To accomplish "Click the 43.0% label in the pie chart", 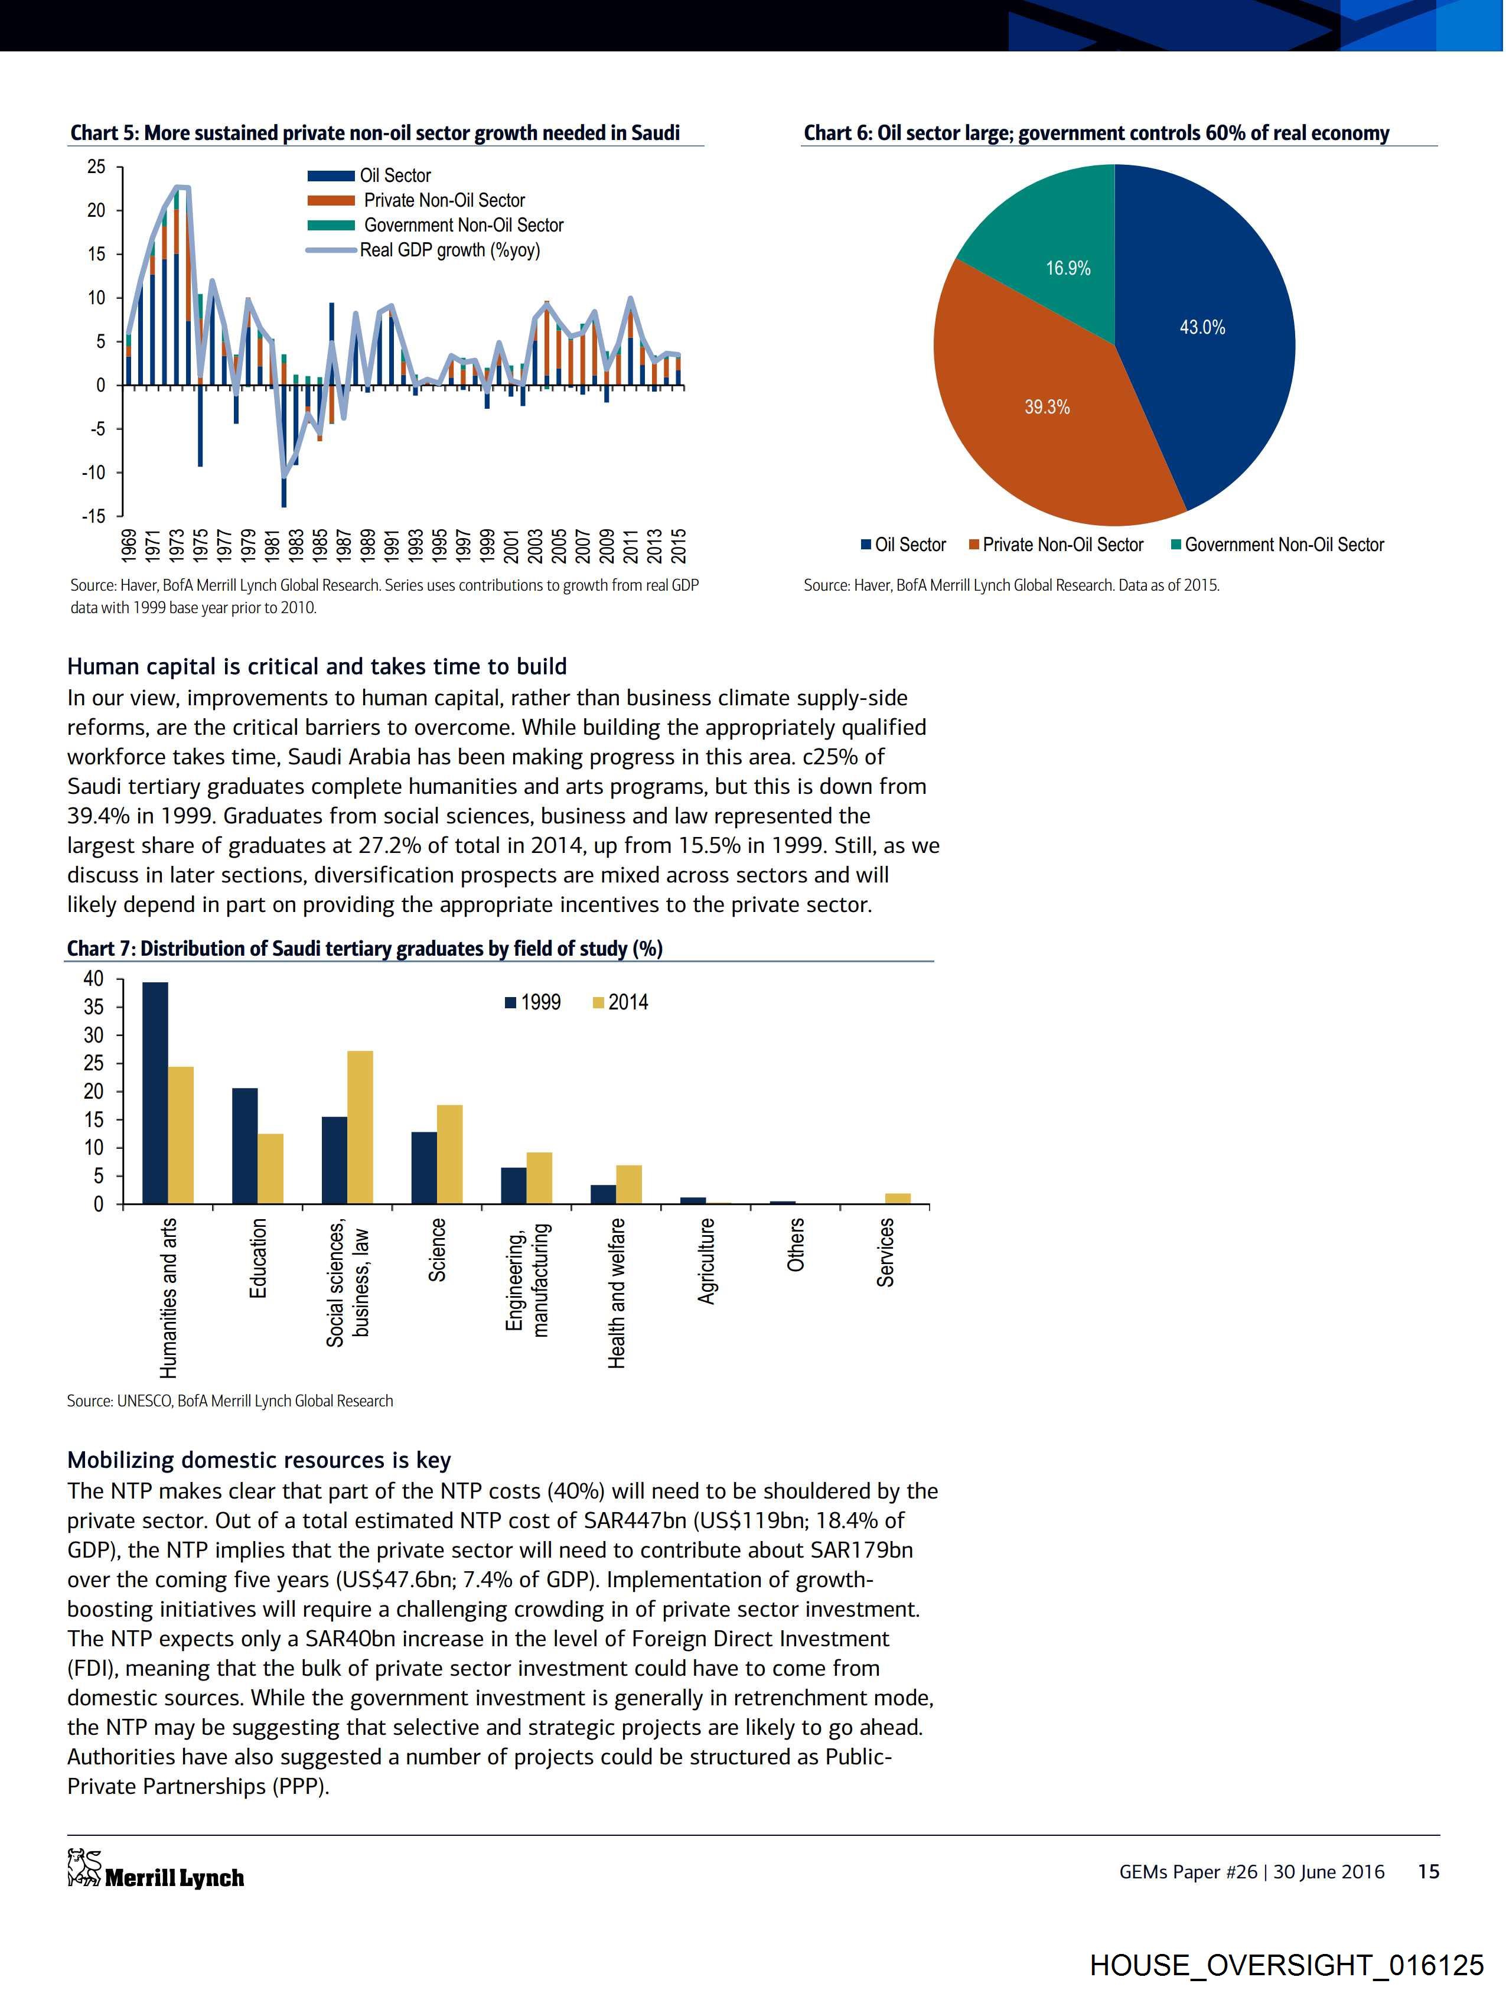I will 1202,327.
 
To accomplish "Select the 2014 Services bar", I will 898,1197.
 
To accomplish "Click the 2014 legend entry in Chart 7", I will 620,1002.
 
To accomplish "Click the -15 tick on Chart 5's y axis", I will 94,516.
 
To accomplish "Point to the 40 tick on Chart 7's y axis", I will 94,978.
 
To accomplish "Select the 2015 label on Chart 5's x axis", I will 680,544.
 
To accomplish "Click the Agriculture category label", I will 707,1261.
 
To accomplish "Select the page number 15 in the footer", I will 1429,1871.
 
